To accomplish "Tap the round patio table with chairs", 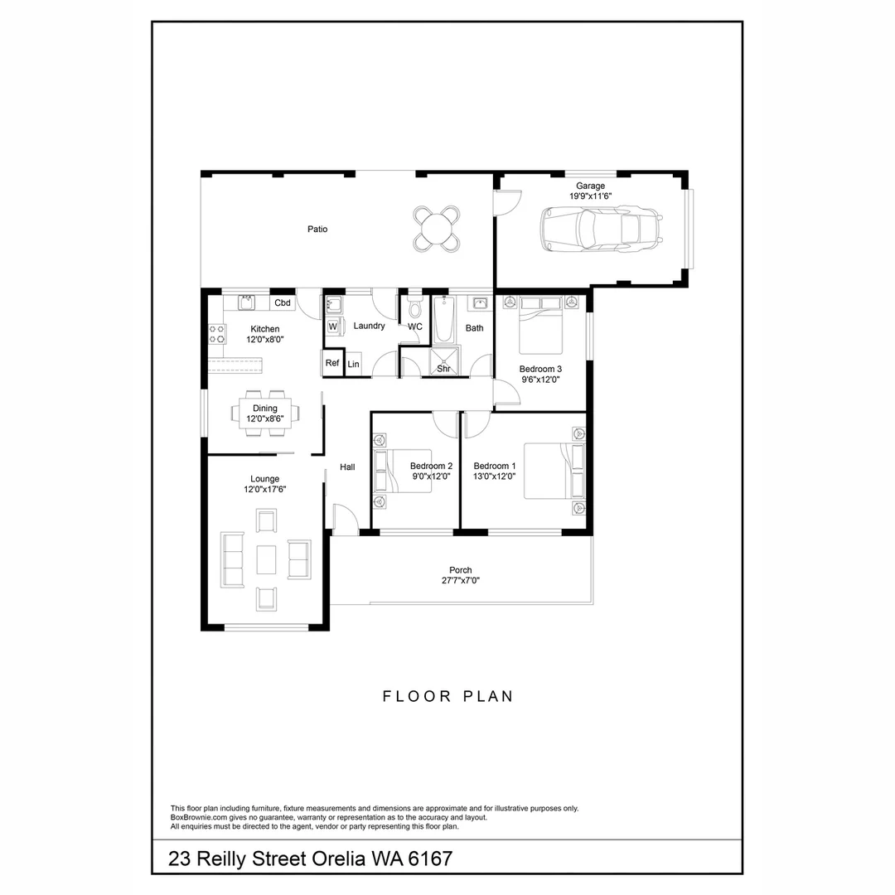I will [x=437, y=228].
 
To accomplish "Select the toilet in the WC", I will [x=414, y=309].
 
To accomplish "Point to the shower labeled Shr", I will [x=443, y=364].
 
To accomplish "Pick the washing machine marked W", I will [x=332, y=327].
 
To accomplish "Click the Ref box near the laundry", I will [x=331, y=363].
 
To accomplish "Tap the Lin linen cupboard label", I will [x=354, y=364].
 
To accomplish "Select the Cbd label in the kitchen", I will [x=283, y=302].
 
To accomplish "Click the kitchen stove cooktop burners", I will [x=217, y=334].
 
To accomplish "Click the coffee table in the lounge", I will [x=266, y=560].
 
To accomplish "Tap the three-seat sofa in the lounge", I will [x=232, y=559].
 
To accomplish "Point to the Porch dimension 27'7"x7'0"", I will [x=460, y=581].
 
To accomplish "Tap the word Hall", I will [x=347, y=467].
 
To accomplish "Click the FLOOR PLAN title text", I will [x=447, y=696].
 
